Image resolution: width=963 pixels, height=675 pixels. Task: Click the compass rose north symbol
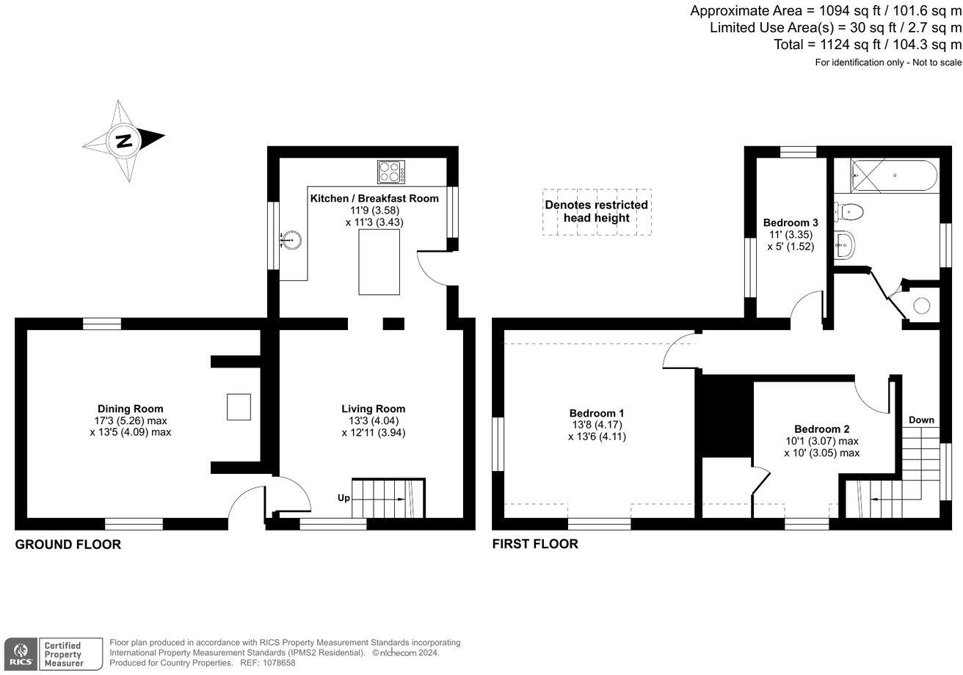click(x=123, y=140)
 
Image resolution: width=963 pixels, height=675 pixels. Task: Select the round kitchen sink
click(x=293, y=238)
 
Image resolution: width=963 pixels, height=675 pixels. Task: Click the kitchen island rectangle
click(x=379, y=261)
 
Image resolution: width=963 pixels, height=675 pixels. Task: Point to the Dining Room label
click(x=131, y=409)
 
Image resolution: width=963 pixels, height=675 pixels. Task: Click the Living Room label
click(x=373, y=409)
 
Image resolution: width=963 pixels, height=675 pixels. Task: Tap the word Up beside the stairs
click(x=344, y=498)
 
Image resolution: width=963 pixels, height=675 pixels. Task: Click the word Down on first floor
click(x=921, y=420)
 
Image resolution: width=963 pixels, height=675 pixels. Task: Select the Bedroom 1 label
click(x=597, y=413)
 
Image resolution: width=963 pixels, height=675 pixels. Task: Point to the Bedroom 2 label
click(x=821, y=429)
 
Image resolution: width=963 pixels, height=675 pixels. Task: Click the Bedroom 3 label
click(x=790, y=222)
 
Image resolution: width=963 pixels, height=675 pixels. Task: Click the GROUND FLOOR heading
click(x=68, y=544)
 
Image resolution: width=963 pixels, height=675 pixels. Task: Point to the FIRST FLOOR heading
click(x=535, y=544)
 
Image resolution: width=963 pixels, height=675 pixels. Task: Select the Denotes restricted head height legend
click(x=596, y=211)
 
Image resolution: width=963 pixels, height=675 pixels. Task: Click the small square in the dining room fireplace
click(x=239, y=406)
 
